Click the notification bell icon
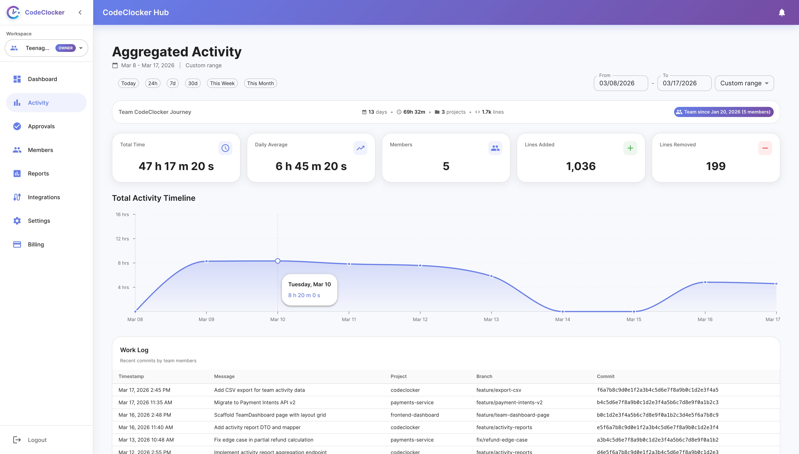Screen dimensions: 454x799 tap(782, 12)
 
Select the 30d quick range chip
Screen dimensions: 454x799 tap(193, 83)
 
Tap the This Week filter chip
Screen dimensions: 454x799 tap(222, 83)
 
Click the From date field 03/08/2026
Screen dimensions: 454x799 tap(620, 83)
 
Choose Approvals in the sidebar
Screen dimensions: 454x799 tap(41, 126)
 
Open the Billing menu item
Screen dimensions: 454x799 tap(36, 244)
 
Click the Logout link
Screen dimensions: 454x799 tap(37, 440)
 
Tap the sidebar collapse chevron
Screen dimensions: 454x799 tap(80, 12)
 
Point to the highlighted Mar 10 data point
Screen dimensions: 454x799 tap(278, 261)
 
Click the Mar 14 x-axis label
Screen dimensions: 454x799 tap(562, 319)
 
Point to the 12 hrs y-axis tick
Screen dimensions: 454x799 tap(122, 239)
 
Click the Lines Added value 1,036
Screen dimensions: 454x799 tap(581, 166)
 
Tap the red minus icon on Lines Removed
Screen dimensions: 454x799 tap(765, 148)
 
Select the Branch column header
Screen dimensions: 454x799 tap(484, 376)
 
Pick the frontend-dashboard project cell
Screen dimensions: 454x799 tap(415, 415)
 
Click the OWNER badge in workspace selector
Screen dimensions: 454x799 tap(65, 48)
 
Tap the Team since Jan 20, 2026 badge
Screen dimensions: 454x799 tap(724, 112)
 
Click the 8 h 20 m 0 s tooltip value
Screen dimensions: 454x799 tap(304, 295)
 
